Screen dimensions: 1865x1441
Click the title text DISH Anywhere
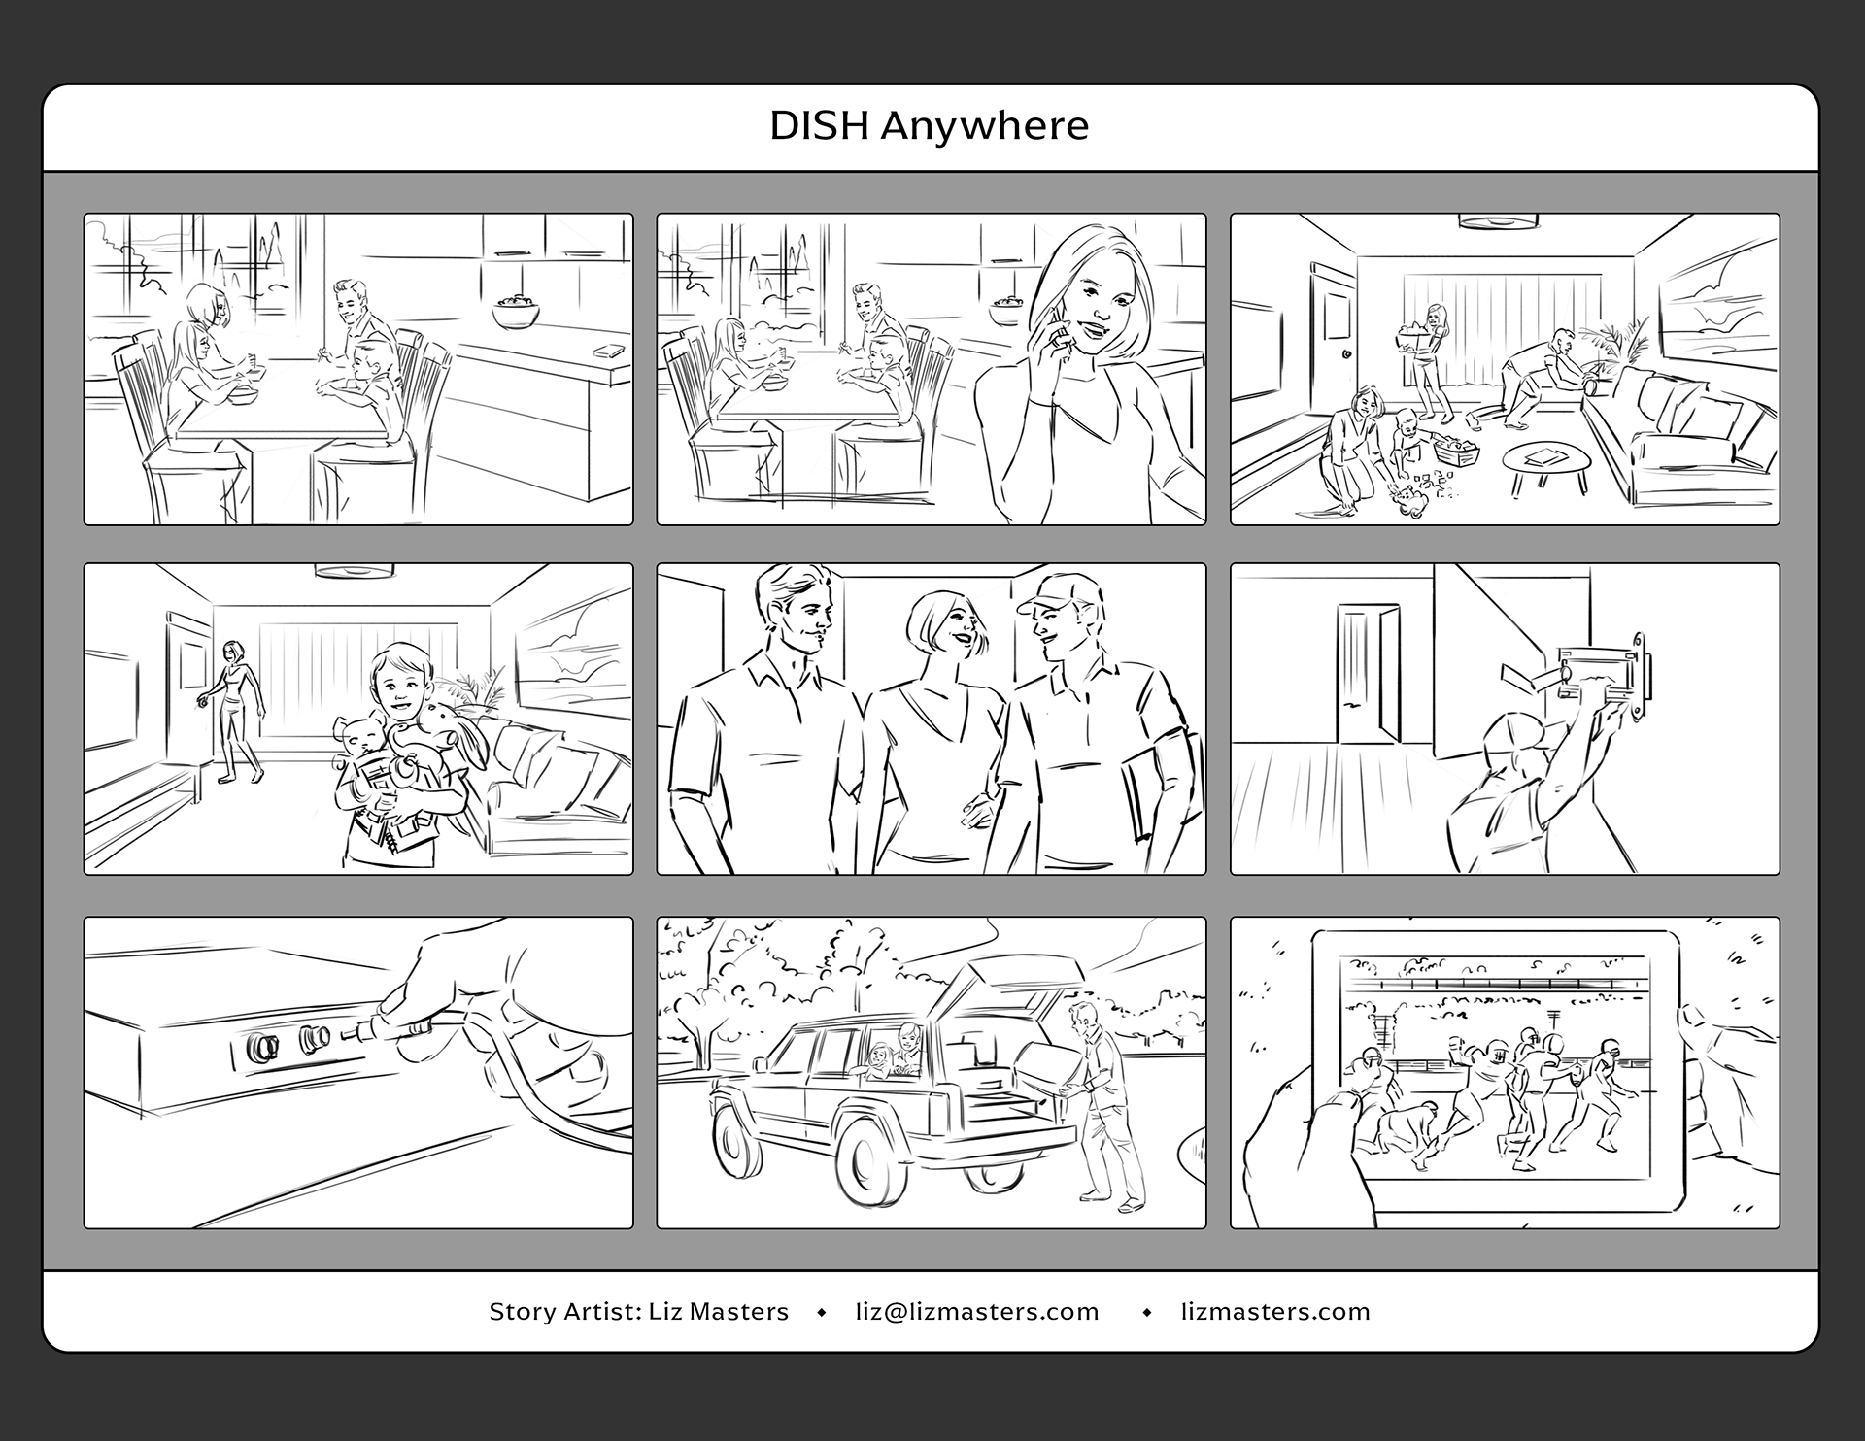point(930,126)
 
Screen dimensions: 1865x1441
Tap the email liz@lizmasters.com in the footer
point(977,1312)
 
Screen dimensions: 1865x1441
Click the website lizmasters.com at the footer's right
point(1275,1312)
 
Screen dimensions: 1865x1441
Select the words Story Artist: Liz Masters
point(638,1312)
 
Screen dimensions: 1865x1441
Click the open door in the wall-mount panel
point(1367,674)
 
